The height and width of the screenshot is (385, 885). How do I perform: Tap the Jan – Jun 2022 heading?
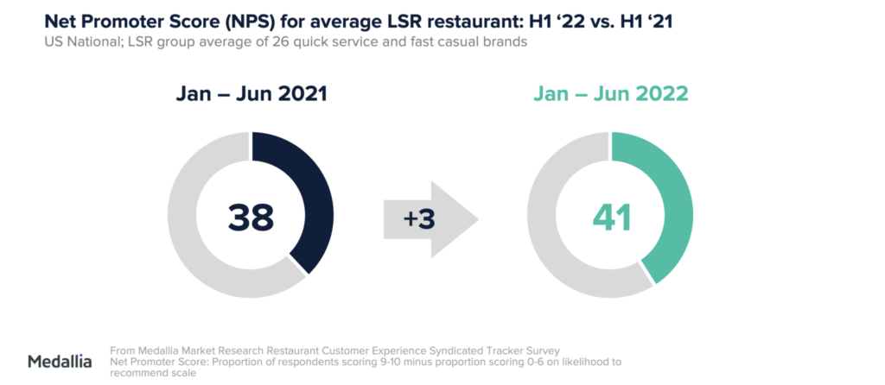point(609,92)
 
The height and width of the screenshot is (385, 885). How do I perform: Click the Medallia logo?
point(60,361)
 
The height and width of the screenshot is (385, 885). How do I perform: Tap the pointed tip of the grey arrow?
point(478,219)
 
